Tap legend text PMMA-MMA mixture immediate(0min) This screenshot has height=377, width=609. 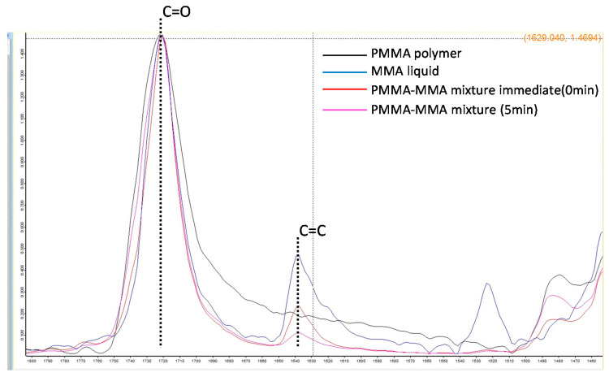472,90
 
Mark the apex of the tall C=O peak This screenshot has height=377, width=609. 162,37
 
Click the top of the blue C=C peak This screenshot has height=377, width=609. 298,255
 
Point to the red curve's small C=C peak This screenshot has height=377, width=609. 298,307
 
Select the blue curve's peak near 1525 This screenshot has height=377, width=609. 486,283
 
